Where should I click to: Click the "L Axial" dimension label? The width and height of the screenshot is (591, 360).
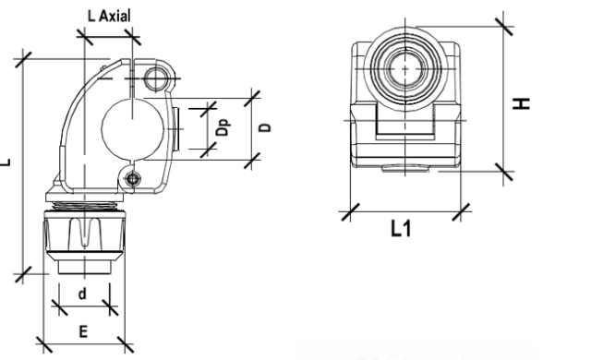109,16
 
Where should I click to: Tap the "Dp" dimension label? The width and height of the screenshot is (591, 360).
223,127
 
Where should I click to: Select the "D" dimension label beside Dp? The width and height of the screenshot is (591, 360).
266,127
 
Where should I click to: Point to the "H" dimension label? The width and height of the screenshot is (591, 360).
522,103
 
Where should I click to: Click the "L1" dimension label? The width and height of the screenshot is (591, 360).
401,229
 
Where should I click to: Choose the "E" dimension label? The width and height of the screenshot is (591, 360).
83,331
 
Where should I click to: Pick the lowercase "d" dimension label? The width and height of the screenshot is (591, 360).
82,294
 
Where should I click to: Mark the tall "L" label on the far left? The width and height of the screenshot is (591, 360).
6,162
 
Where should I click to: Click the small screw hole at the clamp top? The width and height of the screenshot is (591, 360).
155,79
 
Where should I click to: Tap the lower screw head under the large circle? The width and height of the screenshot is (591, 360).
133,179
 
